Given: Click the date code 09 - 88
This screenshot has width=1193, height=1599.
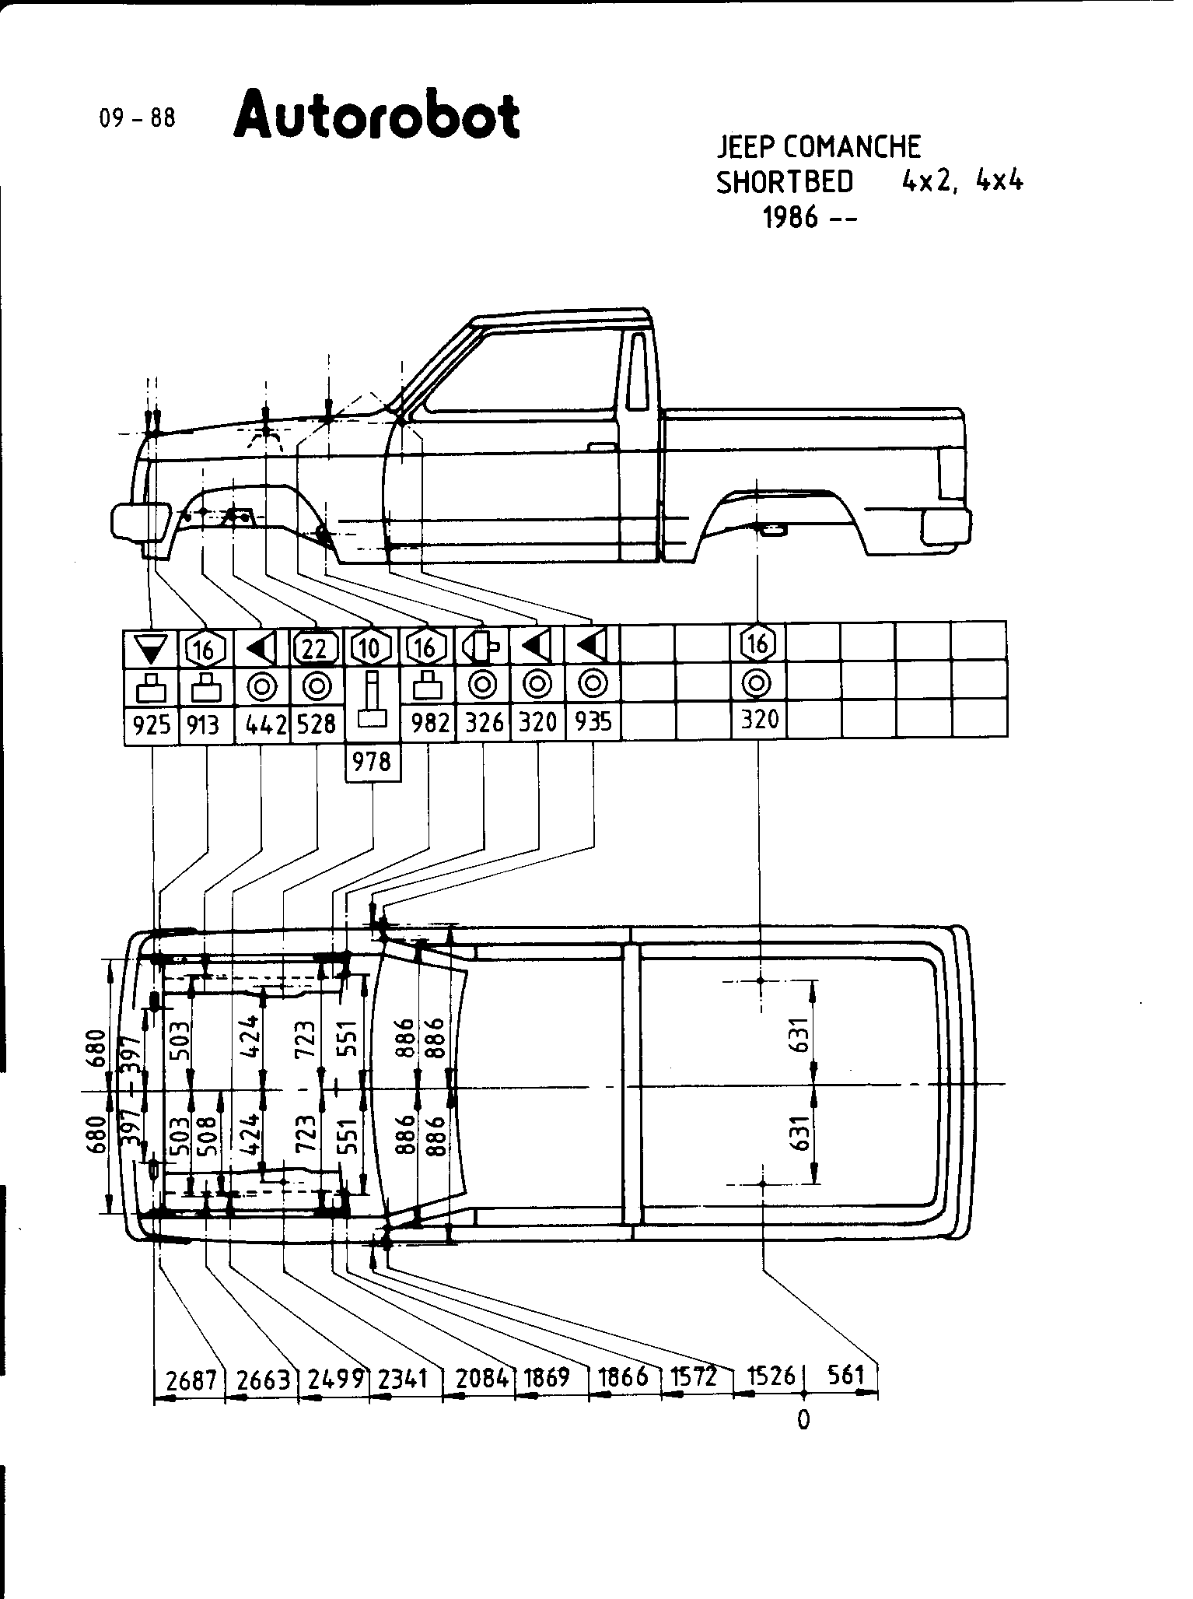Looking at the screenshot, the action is tap(138, 118).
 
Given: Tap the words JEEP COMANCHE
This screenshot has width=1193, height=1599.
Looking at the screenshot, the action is tap(818, 146).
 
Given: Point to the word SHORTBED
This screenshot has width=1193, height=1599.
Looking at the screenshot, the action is tap(784, 182).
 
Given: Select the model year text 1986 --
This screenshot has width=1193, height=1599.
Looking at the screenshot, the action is tap(809, 217).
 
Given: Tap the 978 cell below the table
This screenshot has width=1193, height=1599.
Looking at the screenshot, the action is tap(372, 761).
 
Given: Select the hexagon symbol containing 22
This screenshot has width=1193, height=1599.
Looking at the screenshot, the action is tap(316, 647).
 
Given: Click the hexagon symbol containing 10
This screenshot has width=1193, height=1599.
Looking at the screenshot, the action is tap(370, 647).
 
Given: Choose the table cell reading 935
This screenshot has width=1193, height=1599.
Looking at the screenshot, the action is tap(593, 724).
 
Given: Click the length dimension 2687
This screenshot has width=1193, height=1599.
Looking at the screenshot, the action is tap(191, 1380).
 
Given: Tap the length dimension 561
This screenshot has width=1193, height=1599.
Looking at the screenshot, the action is tap(846, 1376).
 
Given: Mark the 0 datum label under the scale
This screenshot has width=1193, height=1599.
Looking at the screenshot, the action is tap(803, 1420).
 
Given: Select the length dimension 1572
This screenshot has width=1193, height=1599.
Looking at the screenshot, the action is tap(694, 1377).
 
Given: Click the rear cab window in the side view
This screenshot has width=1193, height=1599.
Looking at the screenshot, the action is tap(637, 371).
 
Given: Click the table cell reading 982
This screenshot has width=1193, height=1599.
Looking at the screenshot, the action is tap(429, 724).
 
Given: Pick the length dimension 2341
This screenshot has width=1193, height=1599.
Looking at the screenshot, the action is tap(404, 1380).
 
